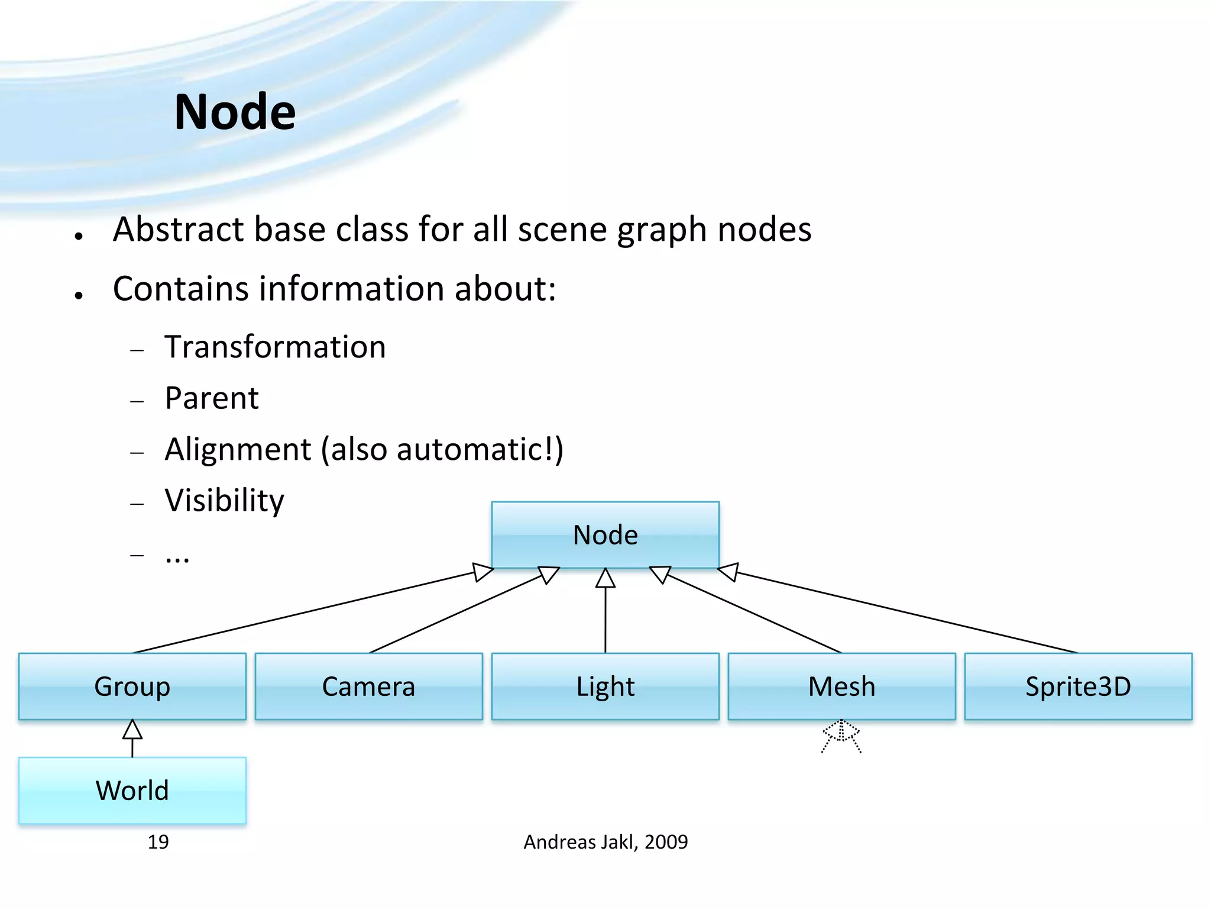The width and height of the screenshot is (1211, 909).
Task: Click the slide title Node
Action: [235, 112]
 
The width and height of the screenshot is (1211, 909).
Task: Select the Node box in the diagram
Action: [605, 535]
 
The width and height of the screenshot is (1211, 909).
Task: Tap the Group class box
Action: [132, 686]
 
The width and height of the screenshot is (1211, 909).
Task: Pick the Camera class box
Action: [368, 686]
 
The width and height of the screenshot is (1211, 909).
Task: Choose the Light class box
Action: [605, 686]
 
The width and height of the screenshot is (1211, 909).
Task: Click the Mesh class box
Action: [841, 686]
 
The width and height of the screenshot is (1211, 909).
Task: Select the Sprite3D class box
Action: [1078, 686]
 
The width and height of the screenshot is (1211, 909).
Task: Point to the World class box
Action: [132, 791]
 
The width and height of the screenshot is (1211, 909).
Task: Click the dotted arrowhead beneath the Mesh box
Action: [841, 731]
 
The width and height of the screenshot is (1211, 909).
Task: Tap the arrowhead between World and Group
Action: [132, 730]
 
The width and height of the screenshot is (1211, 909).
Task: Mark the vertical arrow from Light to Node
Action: [605, 615]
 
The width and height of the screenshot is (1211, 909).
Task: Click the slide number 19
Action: [158, 842]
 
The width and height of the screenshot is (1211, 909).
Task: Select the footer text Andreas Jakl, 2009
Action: [605, 842]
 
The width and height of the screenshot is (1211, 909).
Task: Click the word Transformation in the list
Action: [275, 347]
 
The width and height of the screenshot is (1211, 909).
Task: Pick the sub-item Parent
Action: [212, 398]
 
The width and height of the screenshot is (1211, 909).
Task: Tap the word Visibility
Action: [224, 501]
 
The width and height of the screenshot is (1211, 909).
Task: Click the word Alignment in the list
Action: [238, 449]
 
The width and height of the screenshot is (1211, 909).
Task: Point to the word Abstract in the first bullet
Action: [178, 230]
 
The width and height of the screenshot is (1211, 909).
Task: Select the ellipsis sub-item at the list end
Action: [177, 557]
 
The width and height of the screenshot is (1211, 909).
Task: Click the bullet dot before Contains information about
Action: [79, 295]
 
